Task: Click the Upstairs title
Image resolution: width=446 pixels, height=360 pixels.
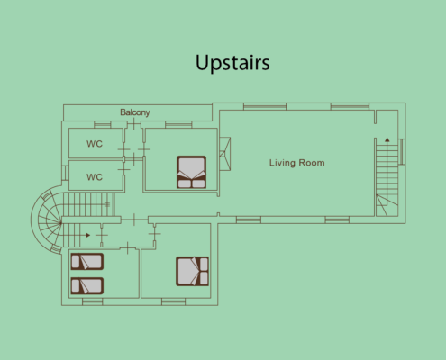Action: [x=232, y=63]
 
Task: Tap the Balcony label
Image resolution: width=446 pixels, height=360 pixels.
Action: [x=135, y=112]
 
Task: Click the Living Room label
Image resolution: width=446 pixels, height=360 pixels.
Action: [x=296, y=163]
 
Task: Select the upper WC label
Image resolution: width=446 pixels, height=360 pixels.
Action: [x=95, y=144]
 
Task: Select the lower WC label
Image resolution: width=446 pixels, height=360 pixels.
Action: [x=95, y=177]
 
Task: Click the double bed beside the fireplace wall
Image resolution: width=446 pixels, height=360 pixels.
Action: [x=191, y=172]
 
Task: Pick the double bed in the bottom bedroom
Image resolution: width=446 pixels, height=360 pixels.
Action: [x=192, y=271]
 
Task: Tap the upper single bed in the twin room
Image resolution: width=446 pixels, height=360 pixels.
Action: [x=87, y=262]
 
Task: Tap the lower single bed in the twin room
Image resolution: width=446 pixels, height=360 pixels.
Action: [x=87, y=286]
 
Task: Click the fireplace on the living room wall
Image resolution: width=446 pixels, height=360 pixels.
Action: [x=225, y=154]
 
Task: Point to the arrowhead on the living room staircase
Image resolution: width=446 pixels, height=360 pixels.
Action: [x=387, y=139]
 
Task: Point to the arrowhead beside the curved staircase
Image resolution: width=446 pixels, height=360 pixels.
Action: [x=87, y=235]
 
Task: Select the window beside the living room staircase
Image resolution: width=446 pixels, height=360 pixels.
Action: [x=402, y=151]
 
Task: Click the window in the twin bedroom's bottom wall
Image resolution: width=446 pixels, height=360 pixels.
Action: [x=92, y=301]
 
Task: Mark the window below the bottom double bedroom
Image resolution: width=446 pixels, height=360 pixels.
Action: [x=173, y=301]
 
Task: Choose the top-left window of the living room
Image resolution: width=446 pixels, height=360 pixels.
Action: [x=265, y=106]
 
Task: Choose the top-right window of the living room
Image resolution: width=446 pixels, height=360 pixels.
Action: [x=350, y=106]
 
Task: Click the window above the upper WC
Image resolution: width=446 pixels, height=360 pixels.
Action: [x=103, y=124]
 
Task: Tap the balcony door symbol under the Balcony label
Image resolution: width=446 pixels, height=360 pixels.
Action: [x=133, y=124]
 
